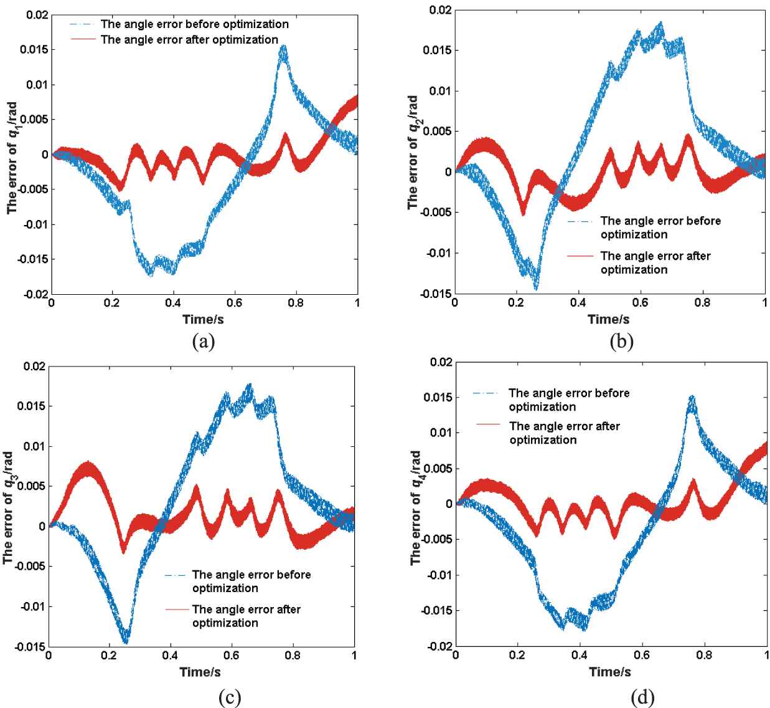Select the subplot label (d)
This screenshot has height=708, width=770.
[x=642, y=697]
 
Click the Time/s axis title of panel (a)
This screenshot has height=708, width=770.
[x=204, y=319]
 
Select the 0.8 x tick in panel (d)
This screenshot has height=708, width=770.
[x=705, y=655]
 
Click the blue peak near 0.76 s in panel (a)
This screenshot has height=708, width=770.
[x=283, y=47]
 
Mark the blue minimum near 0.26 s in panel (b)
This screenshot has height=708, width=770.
[x=536, y=288]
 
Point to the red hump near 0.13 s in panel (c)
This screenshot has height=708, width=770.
[x=88, y=463]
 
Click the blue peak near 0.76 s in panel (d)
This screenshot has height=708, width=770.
[x=692, y=397]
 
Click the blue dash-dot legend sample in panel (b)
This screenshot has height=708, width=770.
[x=581, y=221]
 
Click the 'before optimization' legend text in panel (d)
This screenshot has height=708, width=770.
[x=569, y=399]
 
